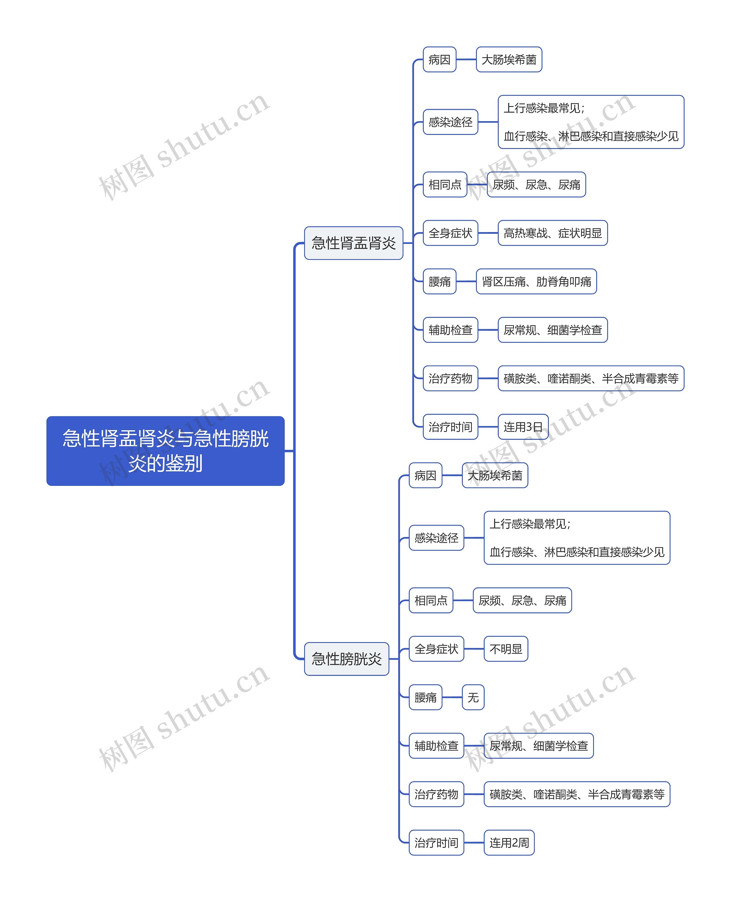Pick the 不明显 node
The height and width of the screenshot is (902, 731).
(x=505, y=649)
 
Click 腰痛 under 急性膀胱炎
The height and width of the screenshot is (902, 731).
(x=425, y=697)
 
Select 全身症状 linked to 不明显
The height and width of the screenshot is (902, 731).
(x=436, y=649)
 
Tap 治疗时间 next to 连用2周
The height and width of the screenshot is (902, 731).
(x=436, y=843)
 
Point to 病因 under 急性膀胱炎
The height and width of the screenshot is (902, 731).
(x=425, y=475)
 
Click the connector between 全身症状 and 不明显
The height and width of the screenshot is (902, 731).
(x=474, y=649)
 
